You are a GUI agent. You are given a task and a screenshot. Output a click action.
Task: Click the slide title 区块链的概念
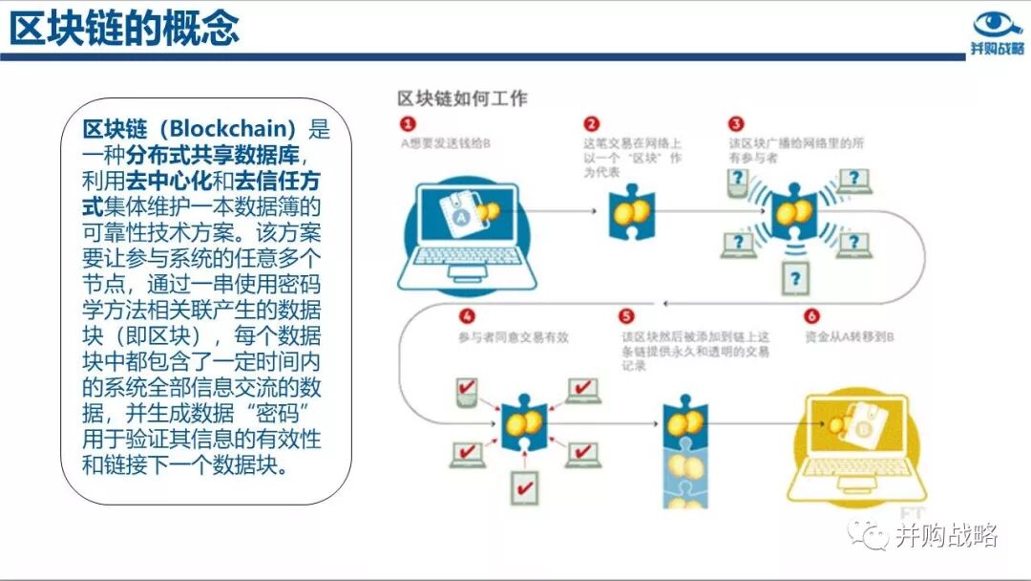[x=124, y=28]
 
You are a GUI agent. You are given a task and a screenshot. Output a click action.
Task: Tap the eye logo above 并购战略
[x=997, y=24]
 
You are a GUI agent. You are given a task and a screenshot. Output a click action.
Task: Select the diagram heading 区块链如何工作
[x=462, y=98]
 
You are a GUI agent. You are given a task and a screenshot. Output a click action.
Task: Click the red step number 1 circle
[x=408, y=124]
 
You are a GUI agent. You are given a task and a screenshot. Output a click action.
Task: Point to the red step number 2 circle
[x=592, y=124]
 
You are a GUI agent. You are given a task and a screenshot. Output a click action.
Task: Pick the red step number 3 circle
[x=735, y=124]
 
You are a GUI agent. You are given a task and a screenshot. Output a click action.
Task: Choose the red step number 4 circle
[x=467, y=316]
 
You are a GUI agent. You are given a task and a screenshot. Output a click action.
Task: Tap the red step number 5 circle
[x=627, y=316]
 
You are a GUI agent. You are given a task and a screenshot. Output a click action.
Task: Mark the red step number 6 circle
[x=812, y=316]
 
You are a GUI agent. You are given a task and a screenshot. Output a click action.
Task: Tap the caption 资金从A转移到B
[x=849, y=337]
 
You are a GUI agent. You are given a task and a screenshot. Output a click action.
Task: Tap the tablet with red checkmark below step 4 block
[x=524, y=486]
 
